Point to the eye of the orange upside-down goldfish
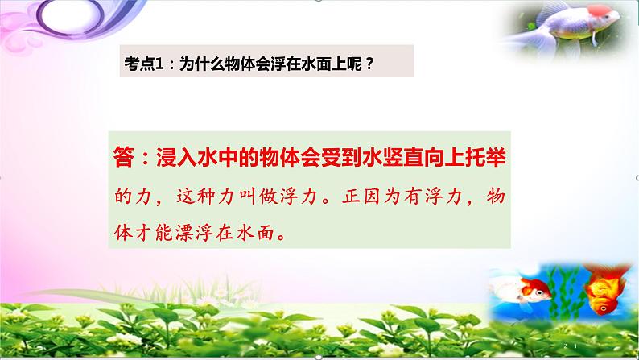tap(600, 299)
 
